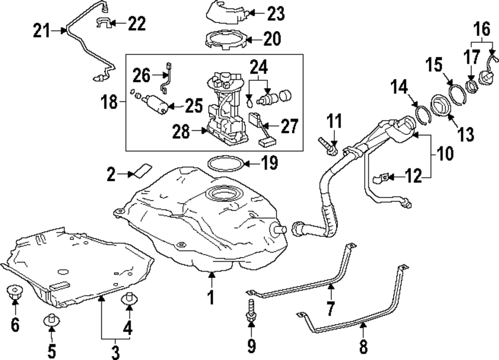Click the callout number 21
coord(42,31)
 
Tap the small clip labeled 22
coord(102,23)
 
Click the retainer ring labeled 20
coord(226,39)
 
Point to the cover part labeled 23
coord(227,12)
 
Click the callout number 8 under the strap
coord(363,345)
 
